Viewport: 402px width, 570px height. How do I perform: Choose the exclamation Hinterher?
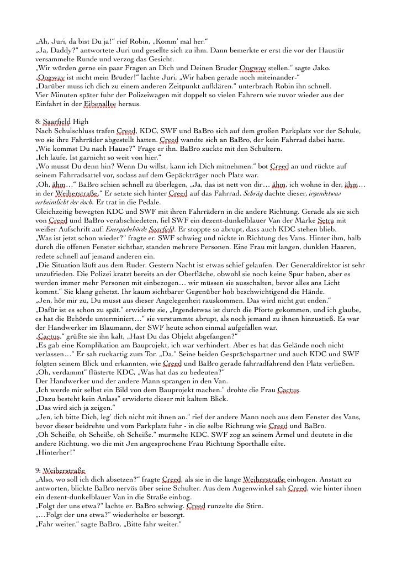(51, 452)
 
